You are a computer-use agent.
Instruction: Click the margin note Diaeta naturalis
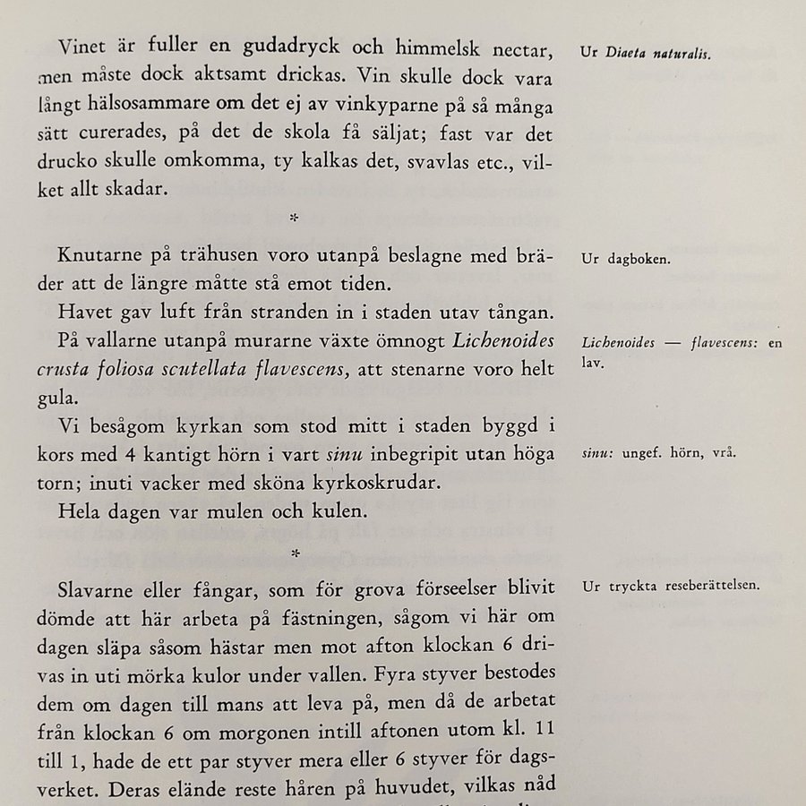(x=658, y=54)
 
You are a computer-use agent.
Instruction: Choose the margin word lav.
(x=591, y=364)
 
